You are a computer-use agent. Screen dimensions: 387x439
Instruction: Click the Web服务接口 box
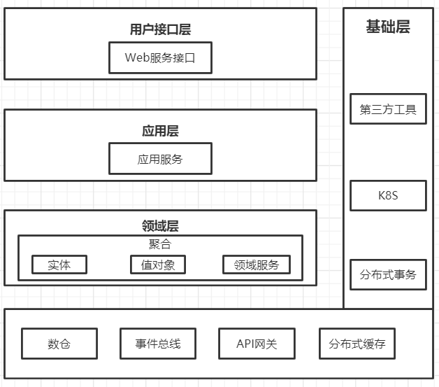(x=160, y=57)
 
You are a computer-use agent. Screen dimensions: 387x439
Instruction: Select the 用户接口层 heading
(x=160, y=29)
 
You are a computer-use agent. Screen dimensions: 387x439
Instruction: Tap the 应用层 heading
(x=160, y=131)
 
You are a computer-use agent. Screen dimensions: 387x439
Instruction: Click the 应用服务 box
(x=160, y=159)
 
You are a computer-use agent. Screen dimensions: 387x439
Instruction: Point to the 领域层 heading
(x=160, y=226)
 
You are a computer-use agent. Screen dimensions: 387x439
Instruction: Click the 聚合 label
(x=160, y=244)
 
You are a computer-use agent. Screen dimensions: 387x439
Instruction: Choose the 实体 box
(x=59, y=265)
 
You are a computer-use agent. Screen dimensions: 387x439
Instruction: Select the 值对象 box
(x=158, y=265)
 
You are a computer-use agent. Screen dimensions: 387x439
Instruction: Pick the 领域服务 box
(x=257, y=265)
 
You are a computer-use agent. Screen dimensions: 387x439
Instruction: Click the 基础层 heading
(x=388, y=27)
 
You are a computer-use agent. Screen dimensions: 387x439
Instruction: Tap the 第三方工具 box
(x=388, y=109)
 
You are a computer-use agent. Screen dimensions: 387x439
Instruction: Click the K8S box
(x=388, y=195)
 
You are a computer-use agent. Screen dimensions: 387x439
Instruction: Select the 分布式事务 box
(x=388, y=274)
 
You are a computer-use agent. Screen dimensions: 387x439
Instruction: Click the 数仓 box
(x=59, y=344)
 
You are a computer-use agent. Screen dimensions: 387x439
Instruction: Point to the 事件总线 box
(x=158, y=344)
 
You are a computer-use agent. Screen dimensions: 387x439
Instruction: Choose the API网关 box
(x=257, y=344)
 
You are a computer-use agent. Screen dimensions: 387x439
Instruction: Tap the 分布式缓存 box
(x=357, y=344)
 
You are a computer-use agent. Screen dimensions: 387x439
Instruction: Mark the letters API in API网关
(x=246, y=344)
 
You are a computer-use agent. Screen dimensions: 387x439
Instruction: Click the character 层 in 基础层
(x=403, y=27)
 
